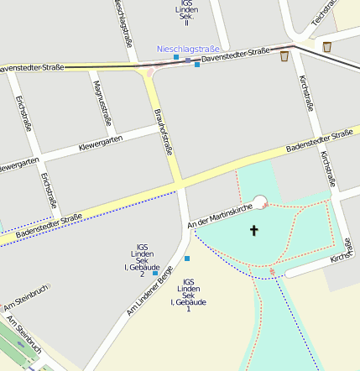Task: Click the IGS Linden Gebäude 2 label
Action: [x=142, y=259]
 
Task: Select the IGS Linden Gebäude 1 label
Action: [x=189, y=295]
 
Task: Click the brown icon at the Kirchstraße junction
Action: [x=284, y=57]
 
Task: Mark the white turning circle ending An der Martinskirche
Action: [x=259, y=201]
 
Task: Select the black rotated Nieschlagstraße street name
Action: [x=123, y=25]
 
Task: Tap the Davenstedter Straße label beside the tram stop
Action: [x=236, y=55]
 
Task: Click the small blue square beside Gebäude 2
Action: [x=155, y=273]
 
